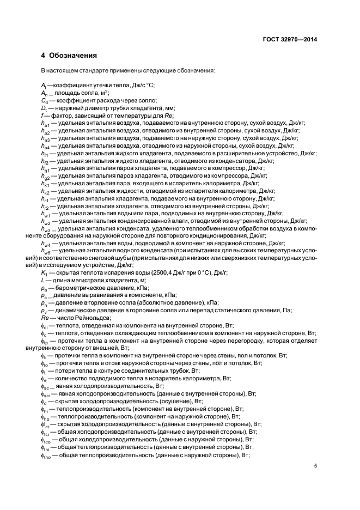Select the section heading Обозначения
pyautogui.click(x=73, y=56)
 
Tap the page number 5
pyautogui.click(x=315, y=465)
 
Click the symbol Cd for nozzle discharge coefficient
pyautogui.click(x=44, y=100)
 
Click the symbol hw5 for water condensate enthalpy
pyautogui.click(x=45, y=251)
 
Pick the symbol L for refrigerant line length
pyautogui.click(x=42, y=280)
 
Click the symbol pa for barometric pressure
pyautogui.click(x=44, y=287)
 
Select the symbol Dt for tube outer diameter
pyautogui.click(x=44, y=108)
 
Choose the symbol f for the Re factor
pyautogui.click(x=42, y=116)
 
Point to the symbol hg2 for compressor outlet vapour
pyautogui.click(x=45, y=177)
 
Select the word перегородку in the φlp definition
pyautogui.click(x=247, y=341)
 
